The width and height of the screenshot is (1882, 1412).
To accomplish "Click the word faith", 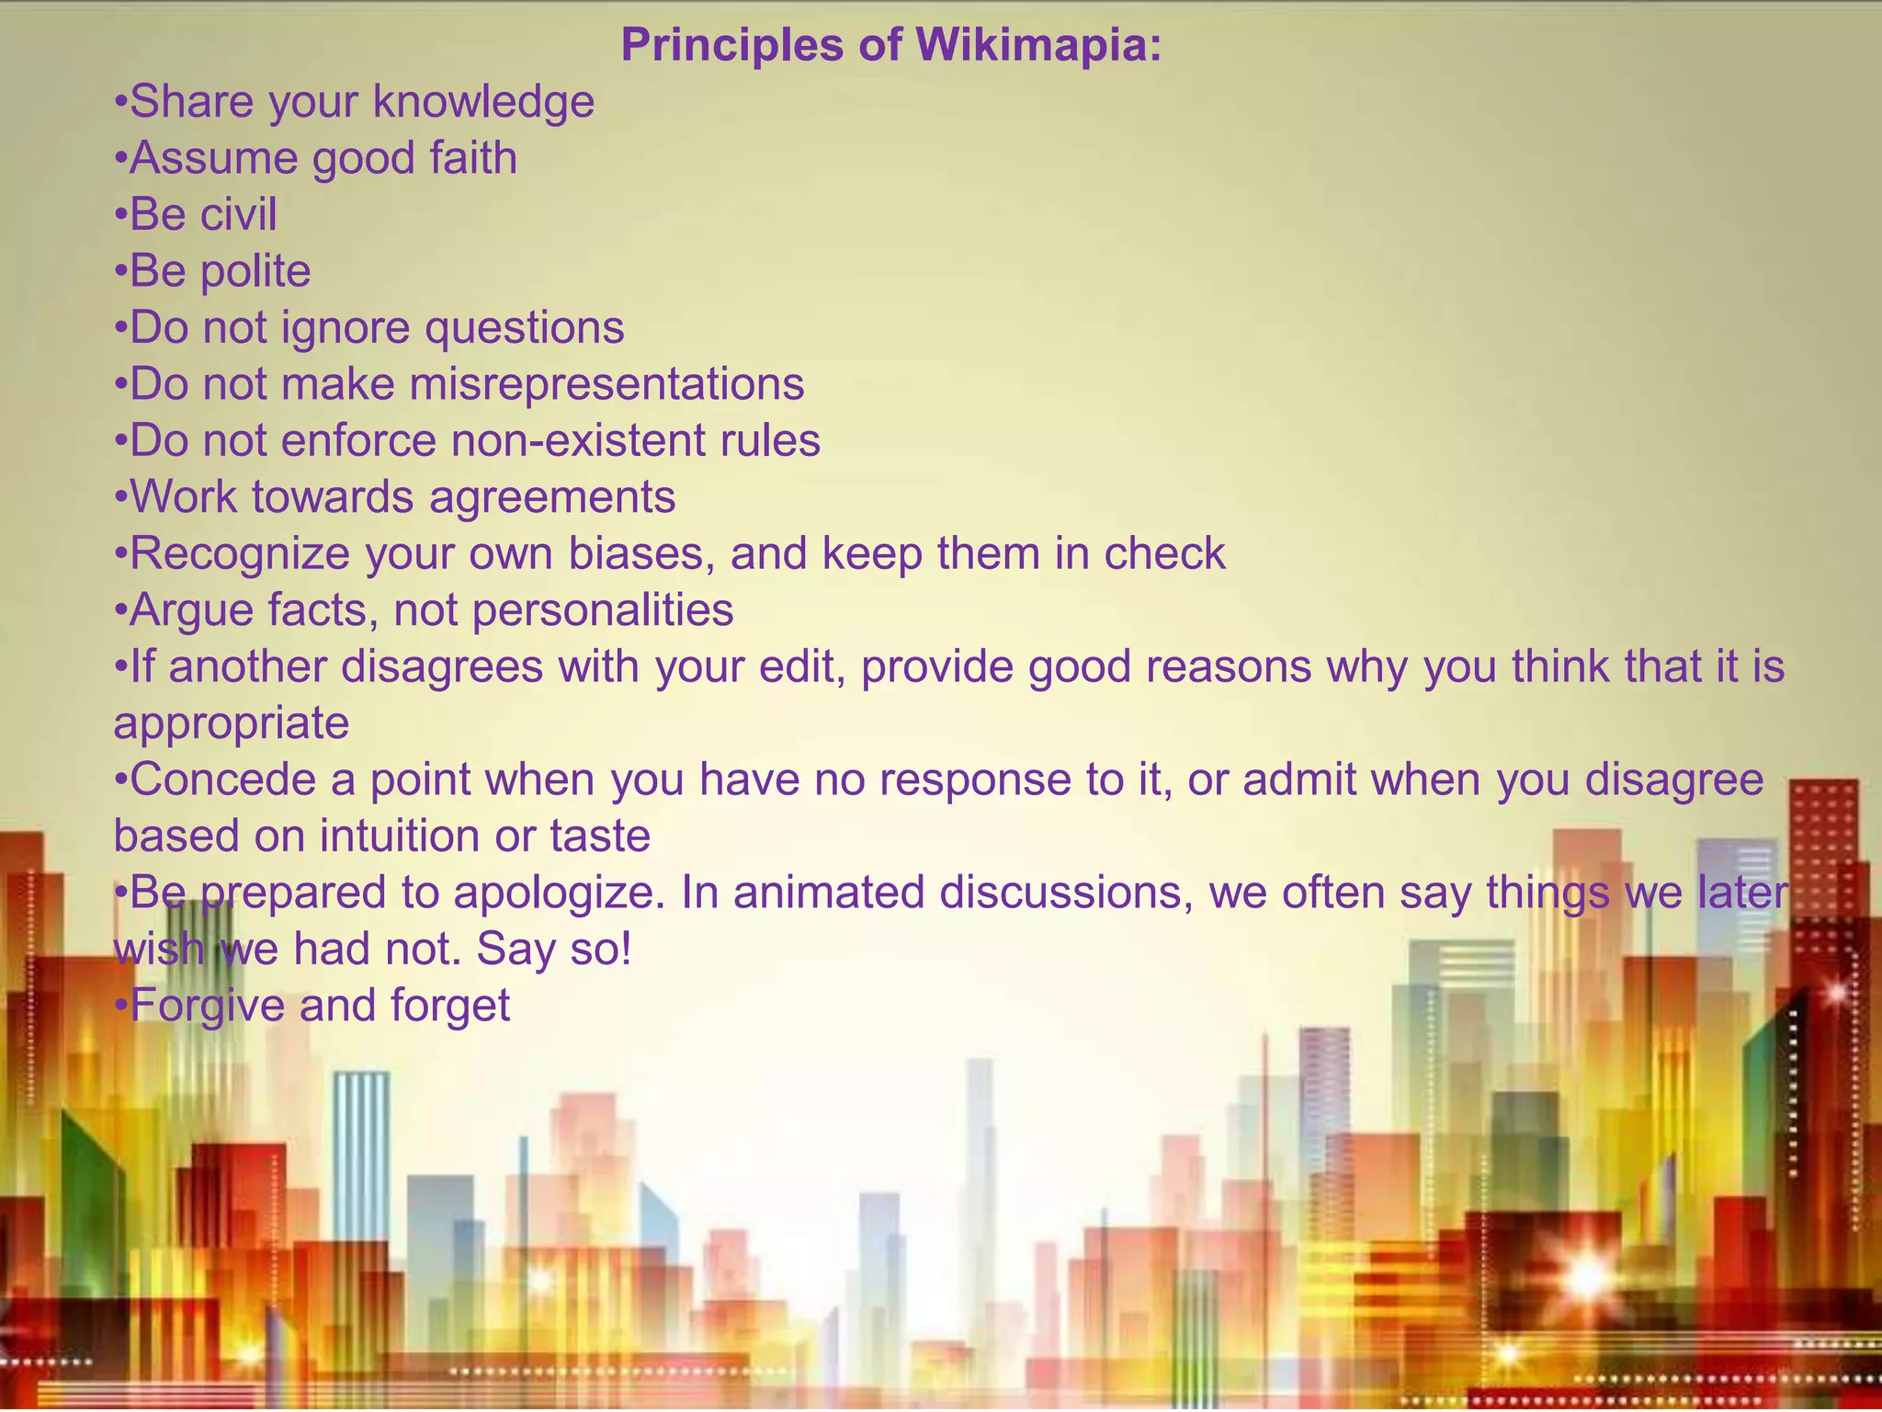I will pyautogui.click(x=472, y=158).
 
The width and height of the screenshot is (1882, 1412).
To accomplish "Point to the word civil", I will pyautogui.click(x=238, y=214).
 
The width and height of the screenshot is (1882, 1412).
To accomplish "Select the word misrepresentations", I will pyautogui.click(x=607, y=384).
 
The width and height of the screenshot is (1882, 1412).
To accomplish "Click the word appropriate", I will pyautogui.click(x=232, y=723).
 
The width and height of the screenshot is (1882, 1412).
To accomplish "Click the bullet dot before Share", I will pyautogui.click(x=119, y=103).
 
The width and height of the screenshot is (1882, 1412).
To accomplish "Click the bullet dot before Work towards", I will pyautogui.click(x=119, y=499).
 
